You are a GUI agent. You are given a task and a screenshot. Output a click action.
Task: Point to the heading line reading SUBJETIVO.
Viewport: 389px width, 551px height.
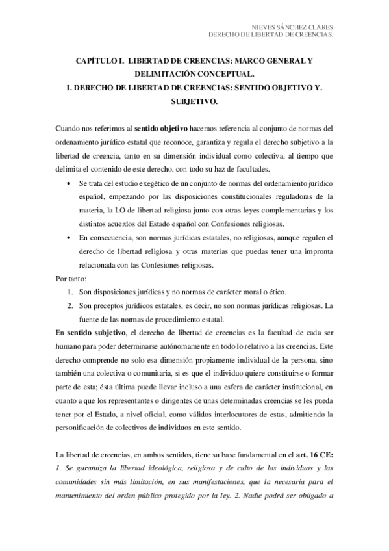(194, 102)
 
